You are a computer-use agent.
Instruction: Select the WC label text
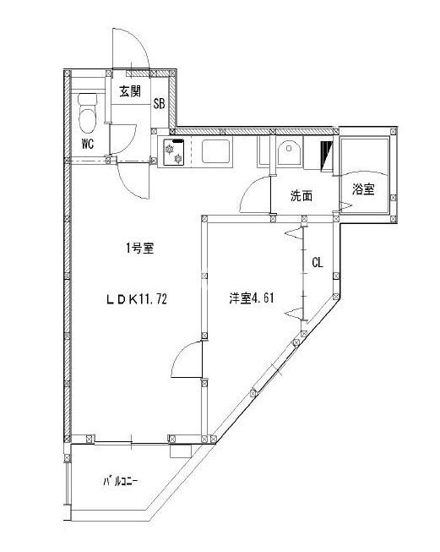pos(87,143)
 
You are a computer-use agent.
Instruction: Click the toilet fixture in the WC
pos(87,109)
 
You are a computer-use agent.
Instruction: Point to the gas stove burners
pos(174,154)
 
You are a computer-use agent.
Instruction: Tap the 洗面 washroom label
pos(301,196)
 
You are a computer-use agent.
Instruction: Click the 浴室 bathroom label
pos(364,190)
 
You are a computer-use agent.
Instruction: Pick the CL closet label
pos(317,263)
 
